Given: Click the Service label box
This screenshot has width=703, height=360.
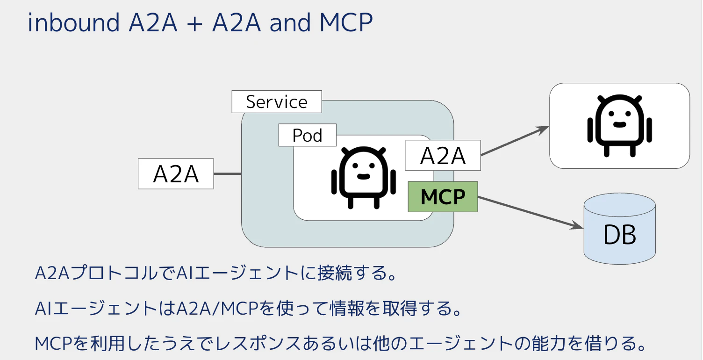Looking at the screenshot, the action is point(277,102).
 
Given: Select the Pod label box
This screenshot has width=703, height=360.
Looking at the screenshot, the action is point(307,135).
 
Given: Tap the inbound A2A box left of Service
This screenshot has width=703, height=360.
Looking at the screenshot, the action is point(176,173).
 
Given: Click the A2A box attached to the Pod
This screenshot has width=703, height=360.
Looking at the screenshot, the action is point(443,155).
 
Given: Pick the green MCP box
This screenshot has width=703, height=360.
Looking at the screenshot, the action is point(443,197).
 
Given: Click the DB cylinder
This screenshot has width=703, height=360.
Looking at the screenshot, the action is point(619,229).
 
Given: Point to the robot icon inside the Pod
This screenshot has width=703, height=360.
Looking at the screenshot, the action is point(364,177).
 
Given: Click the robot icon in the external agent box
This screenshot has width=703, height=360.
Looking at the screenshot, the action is point(619,126).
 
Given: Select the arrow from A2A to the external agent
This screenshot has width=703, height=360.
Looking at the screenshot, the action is point(515,141).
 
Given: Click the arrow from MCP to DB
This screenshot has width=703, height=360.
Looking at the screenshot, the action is point(531,212).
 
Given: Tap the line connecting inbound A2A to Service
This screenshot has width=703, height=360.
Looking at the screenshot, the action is point(228,173).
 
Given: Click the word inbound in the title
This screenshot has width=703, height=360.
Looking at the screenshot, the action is point(74,22).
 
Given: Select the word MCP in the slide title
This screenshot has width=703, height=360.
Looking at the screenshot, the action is point(346,22).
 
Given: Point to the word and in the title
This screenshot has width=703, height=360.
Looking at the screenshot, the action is point(290,22).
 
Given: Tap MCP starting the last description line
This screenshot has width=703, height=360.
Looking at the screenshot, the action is point(53,344).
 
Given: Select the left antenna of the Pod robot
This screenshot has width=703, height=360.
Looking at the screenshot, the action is point(345,151).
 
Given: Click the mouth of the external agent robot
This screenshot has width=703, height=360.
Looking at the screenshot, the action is point(619,125).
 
